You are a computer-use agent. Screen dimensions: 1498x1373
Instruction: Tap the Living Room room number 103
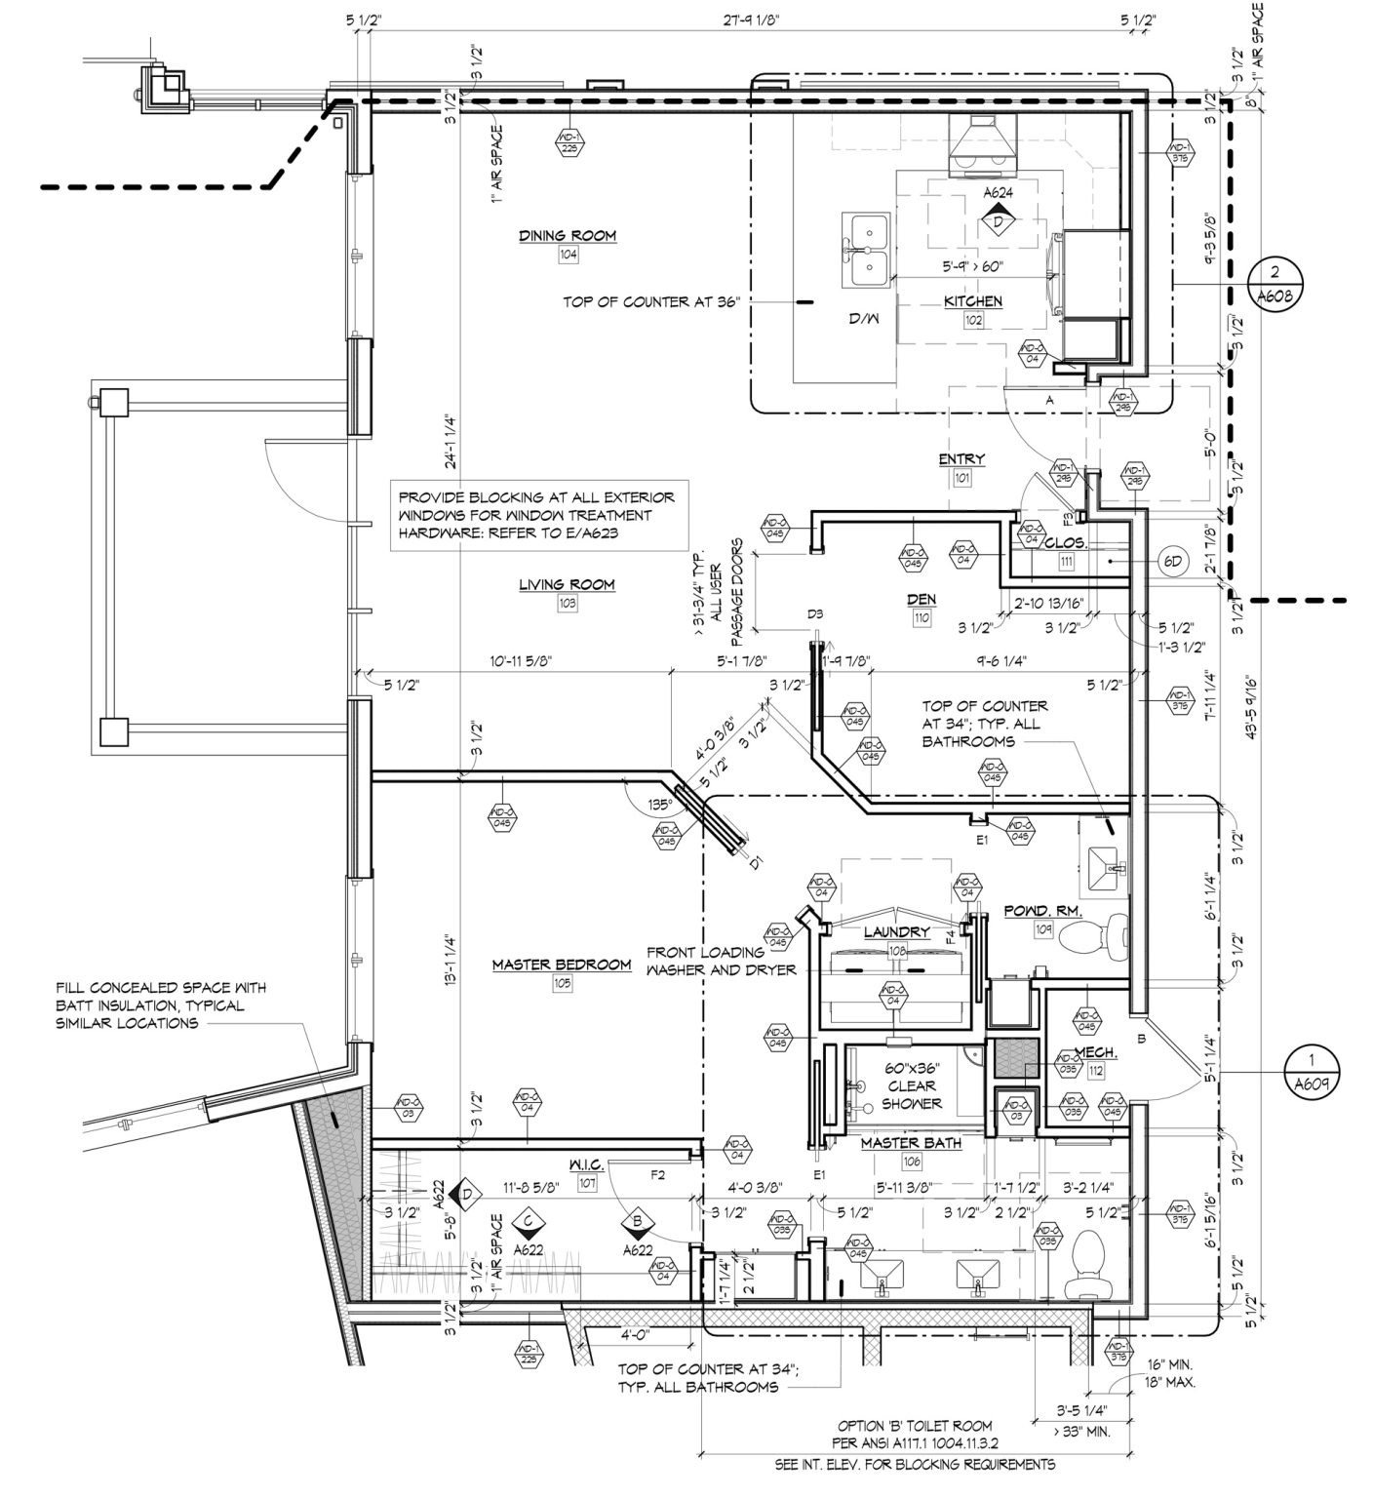(x=567, y=604)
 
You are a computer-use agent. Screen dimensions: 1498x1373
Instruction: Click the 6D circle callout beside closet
(x=1174, y=562)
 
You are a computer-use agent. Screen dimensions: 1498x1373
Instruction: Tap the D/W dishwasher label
(x=860, y=319)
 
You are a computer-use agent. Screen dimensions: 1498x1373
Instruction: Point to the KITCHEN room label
(x=972, y=301)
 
